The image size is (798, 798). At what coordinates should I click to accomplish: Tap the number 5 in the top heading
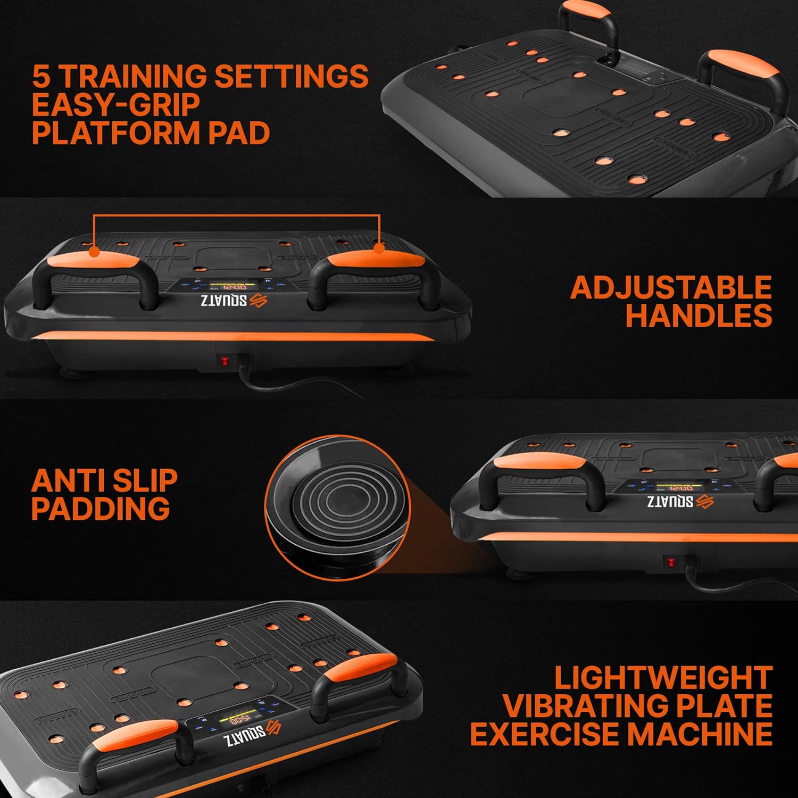tap(41, 76)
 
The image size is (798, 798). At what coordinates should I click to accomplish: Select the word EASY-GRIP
tap(115, 104)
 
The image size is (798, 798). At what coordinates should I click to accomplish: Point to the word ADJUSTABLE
tap(671, 288)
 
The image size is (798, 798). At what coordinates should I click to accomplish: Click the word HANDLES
tap(699, 315)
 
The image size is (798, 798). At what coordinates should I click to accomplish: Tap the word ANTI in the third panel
tap(64, 480)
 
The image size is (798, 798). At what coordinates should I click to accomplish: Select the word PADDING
tap(101, 509)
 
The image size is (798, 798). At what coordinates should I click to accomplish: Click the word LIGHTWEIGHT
tap(663, 678)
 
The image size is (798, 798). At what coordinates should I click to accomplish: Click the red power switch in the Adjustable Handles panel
tap(225, 362)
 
